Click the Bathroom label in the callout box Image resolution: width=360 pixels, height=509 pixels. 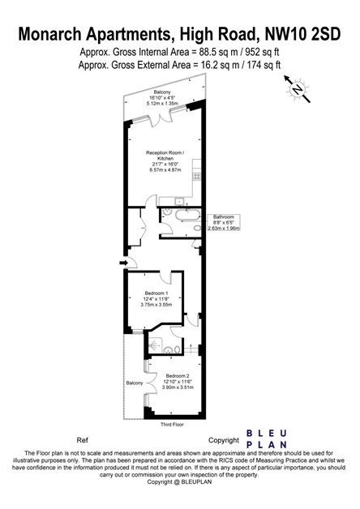224,217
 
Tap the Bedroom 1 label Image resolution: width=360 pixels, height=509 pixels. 156,293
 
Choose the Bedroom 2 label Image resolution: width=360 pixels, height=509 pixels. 178,376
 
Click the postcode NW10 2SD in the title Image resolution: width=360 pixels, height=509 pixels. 302,33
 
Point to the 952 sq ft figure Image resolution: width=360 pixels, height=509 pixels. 263,52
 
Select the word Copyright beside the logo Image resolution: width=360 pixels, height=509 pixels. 224,439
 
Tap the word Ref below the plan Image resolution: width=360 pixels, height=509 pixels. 81,439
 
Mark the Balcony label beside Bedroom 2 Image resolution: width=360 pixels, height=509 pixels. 135,382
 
